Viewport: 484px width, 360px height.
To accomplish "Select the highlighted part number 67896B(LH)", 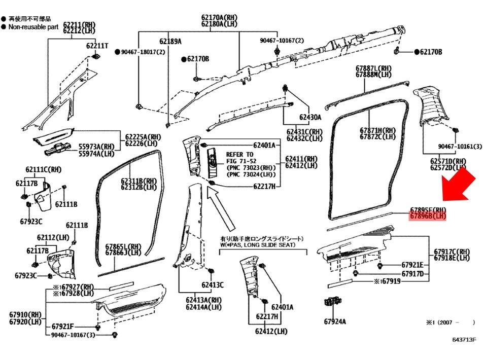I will click(x=428, y=217).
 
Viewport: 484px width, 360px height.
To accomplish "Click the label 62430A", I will click(x=310, y=117).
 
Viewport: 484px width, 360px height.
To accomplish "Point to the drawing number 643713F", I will click(x=464, y=340).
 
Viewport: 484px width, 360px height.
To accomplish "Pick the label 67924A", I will click(x=335, y=321).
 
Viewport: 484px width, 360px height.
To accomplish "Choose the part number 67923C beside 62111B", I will click(x=31, y=221).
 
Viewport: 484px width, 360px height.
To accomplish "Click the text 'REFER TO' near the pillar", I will click(x=239, y=155).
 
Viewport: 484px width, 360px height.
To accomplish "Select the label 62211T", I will click(x=97, y=46).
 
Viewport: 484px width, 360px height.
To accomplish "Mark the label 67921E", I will click(x=412, y=265).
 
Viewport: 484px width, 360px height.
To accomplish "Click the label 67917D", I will click(x=412, y=274).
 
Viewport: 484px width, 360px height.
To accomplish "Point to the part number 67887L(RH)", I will click(x=373, y=68).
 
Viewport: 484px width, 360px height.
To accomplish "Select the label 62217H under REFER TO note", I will click(x=264, y=187).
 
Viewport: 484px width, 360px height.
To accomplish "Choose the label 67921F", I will click(x=63, y=326).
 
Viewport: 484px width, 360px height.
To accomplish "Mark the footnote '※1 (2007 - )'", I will click(x=450, y=322).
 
